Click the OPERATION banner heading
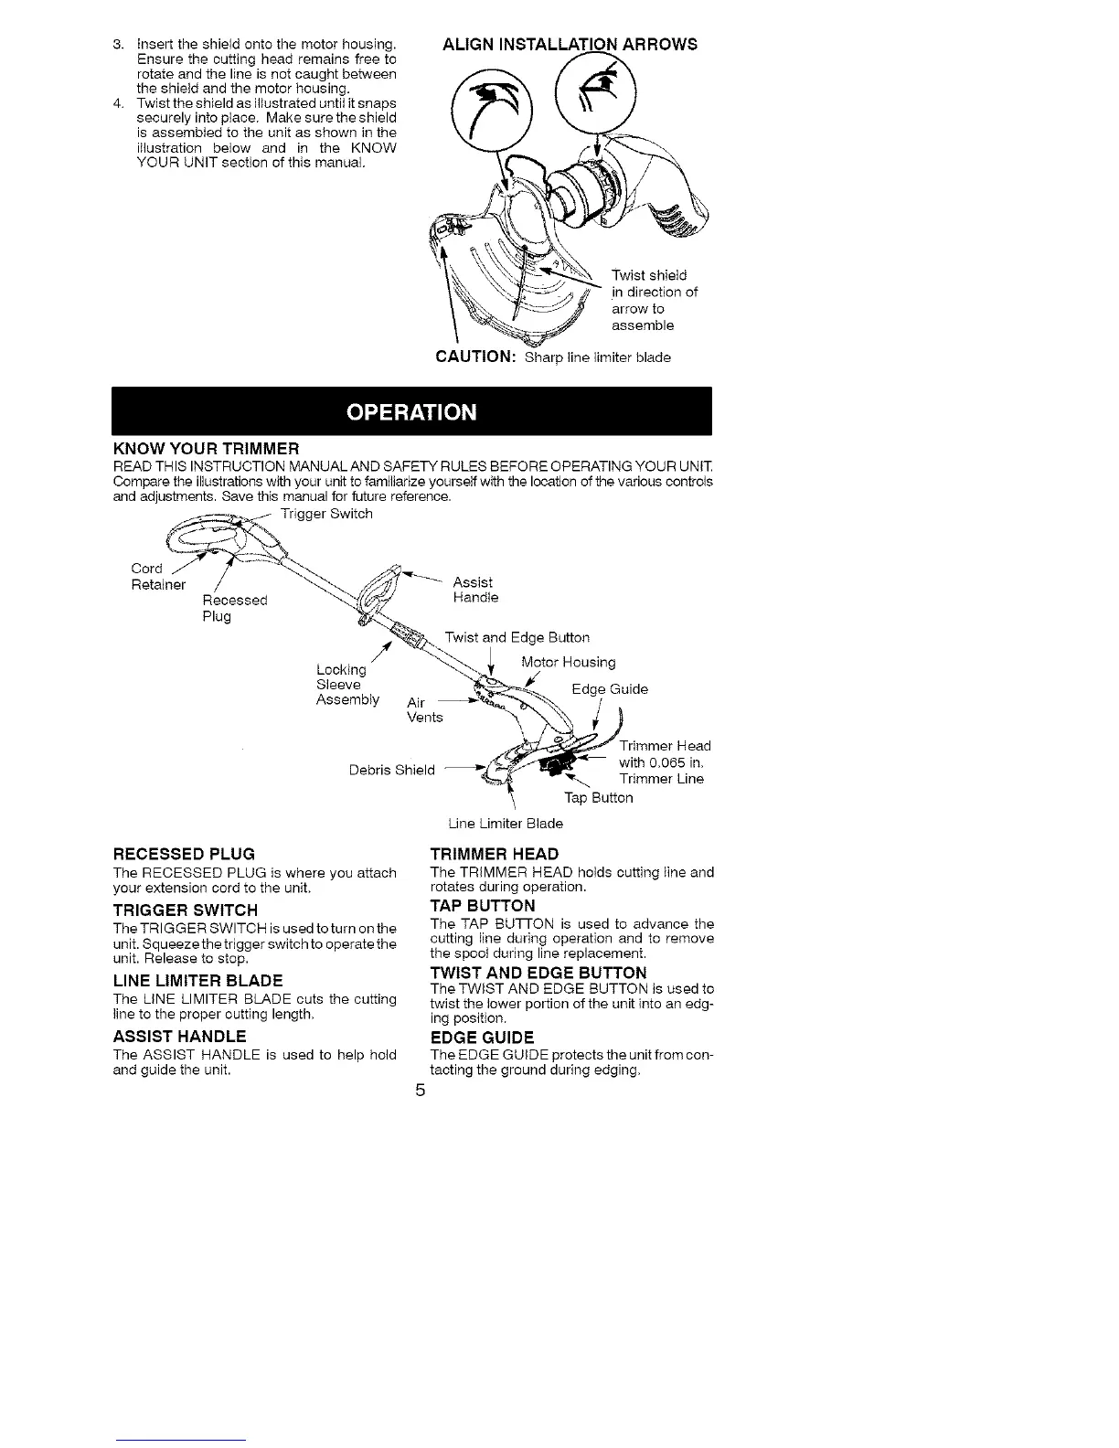[411, 411]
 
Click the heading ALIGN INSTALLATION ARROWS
[570, 44]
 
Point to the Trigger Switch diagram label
[326, 514]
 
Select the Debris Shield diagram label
[392, 770]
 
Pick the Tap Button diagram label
[598, 798]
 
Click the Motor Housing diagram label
[568, 662]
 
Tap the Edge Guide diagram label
[610, 689]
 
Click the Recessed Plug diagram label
[234, 608]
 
